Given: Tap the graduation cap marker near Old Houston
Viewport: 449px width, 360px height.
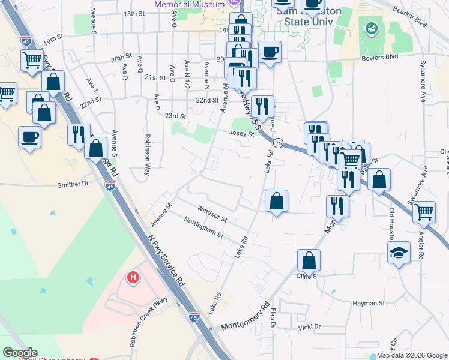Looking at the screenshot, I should (397, 253).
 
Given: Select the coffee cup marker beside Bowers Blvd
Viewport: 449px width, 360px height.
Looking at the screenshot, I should (270, 52).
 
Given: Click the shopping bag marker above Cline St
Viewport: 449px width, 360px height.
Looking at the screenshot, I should (309, 260).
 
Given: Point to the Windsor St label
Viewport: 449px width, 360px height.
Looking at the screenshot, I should (212, 212).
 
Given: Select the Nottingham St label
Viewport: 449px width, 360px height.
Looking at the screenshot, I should (203, 227).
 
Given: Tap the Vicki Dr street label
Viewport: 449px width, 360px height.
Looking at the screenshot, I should (309, 327).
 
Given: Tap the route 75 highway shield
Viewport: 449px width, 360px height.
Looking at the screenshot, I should (278, 143).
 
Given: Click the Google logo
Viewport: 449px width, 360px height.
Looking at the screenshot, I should (20, 353).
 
